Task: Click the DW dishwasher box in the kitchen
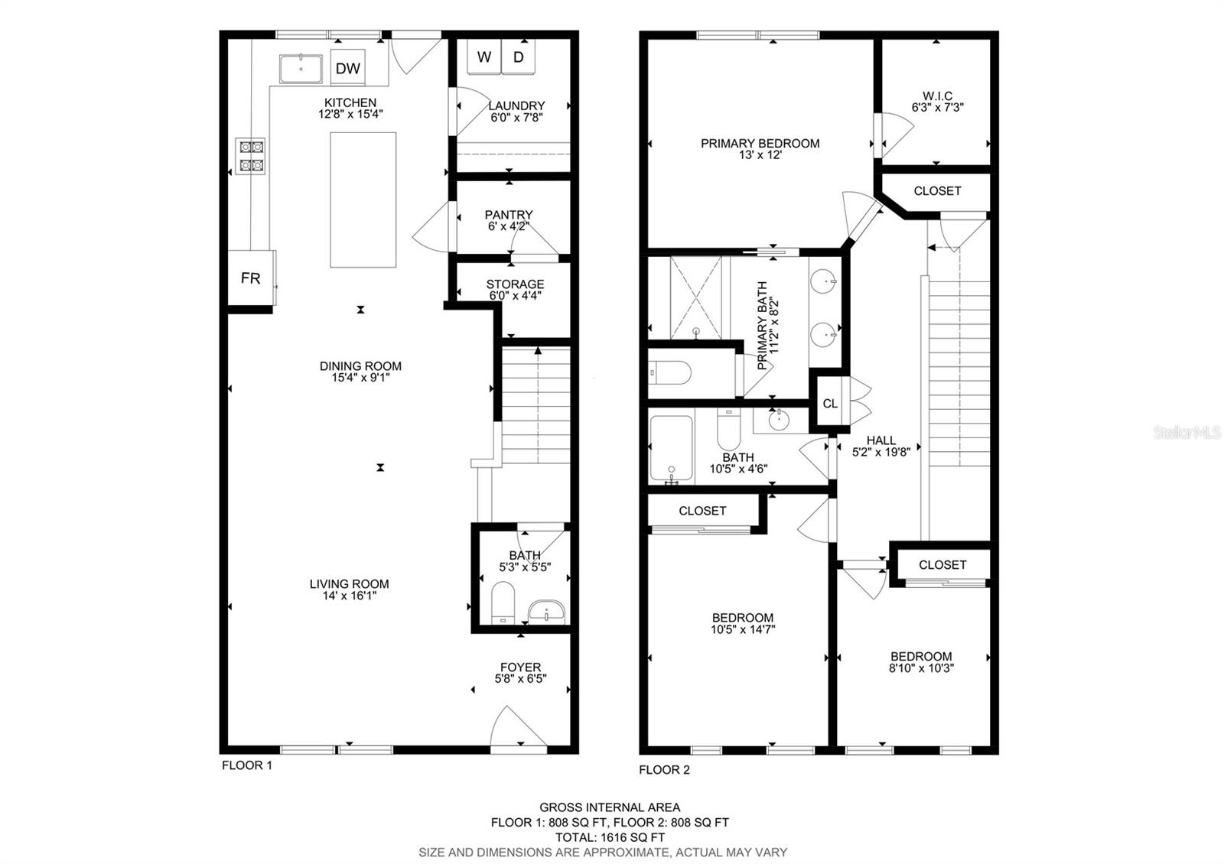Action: point(348,69)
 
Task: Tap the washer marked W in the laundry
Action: point(484,57)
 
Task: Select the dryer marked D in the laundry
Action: point(518,57)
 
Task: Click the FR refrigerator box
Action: point(250,278)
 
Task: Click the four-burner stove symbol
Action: point(251,155)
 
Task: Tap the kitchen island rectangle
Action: point(363,200)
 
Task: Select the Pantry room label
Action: point(509,215)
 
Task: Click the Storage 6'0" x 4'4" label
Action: point(515,289)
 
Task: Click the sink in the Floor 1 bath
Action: point(546,610)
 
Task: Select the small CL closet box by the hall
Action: point(830,403)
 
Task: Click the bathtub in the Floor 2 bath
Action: point(671,449)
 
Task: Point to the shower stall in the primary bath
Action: point(696,298)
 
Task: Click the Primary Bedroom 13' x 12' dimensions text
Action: point(760,154)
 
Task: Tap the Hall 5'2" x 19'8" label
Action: point(881,446)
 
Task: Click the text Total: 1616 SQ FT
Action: point(610,837)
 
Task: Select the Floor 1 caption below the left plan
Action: point(246,765)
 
